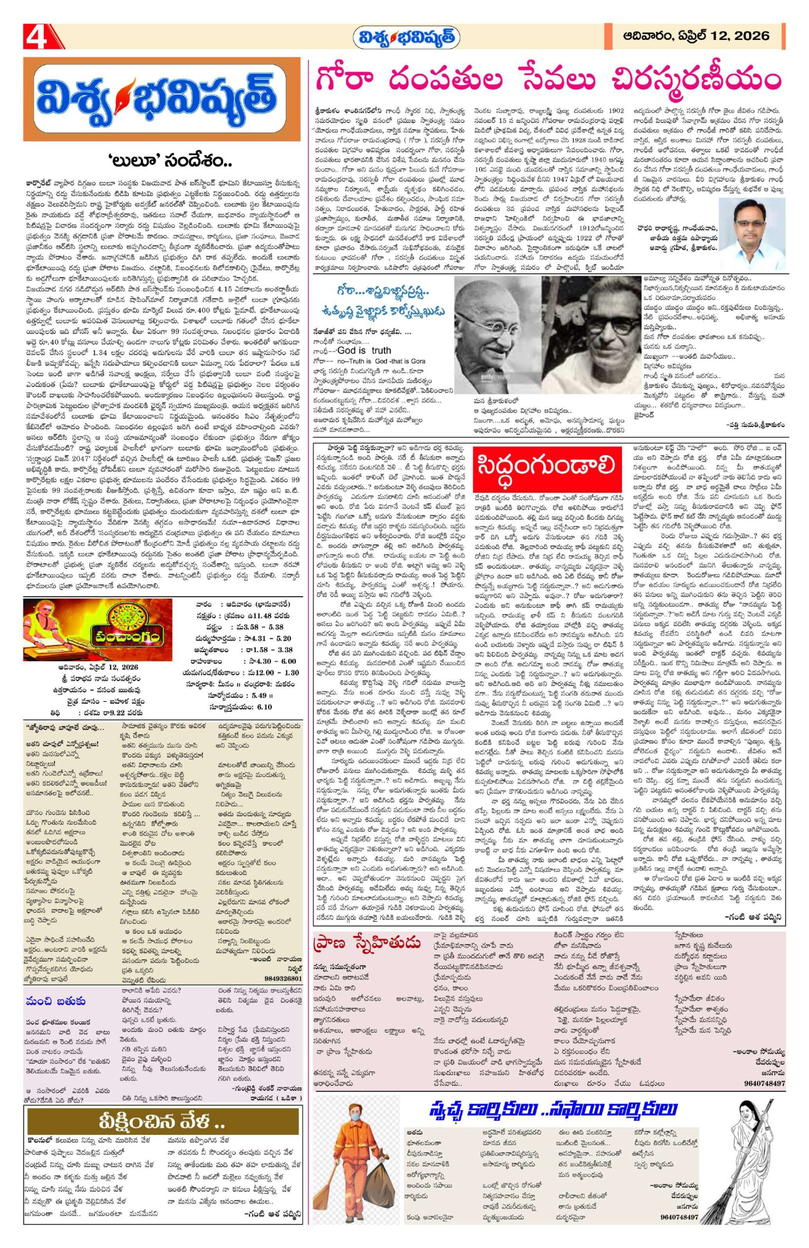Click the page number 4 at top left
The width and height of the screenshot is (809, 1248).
36,37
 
